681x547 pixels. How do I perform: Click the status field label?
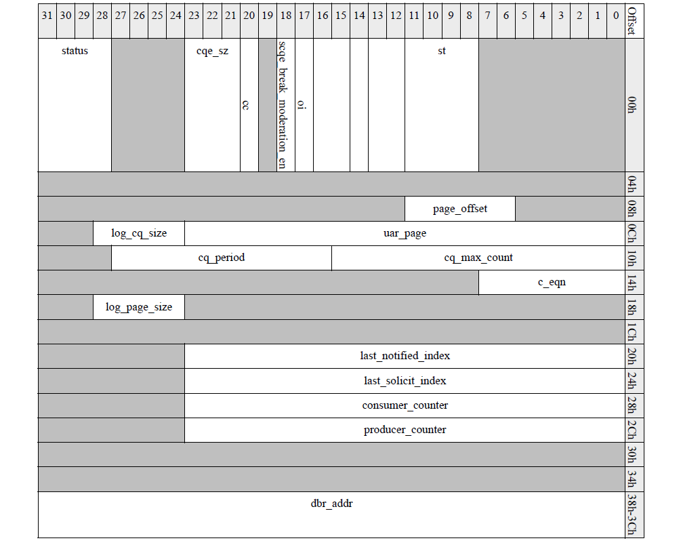pos(75,51)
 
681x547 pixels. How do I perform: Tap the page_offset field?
pos(460,209)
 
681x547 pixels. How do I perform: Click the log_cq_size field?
pos(139,234)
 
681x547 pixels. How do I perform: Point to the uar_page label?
pos(405,234)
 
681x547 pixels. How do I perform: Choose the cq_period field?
pos(222,258)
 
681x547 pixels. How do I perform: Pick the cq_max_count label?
pos(478,258)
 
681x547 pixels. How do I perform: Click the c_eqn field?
pos(552,283)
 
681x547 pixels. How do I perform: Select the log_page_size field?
pos(139,307)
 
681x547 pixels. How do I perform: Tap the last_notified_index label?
pos(405,356)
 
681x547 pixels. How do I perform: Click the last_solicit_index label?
pos(405,381)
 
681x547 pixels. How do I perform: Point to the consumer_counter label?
pos(405,405)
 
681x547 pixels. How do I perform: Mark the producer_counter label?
pos(405,430)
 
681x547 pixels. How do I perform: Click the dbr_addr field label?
pos(332,504)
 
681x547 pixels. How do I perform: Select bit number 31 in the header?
pos(47,14)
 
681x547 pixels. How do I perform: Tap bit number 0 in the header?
pos(615,14)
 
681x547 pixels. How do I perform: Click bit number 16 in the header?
pos(323,14)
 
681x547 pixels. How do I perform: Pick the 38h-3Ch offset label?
pos(632,514)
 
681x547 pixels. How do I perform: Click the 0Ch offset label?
pos(632,234)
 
